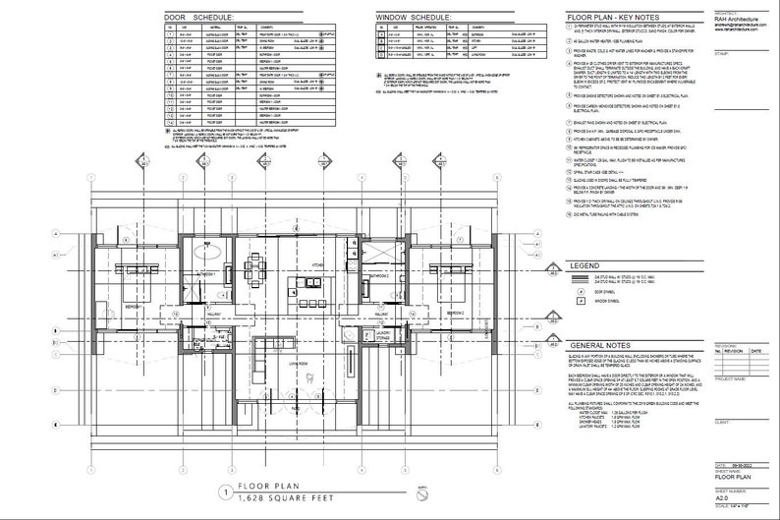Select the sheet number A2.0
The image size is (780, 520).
tap(726, 498)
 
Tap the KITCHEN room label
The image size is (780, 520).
tap(318, 266)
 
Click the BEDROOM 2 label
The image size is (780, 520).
tap(454, 314)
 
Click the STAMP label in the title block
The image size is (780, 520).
tap(721, 55)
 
